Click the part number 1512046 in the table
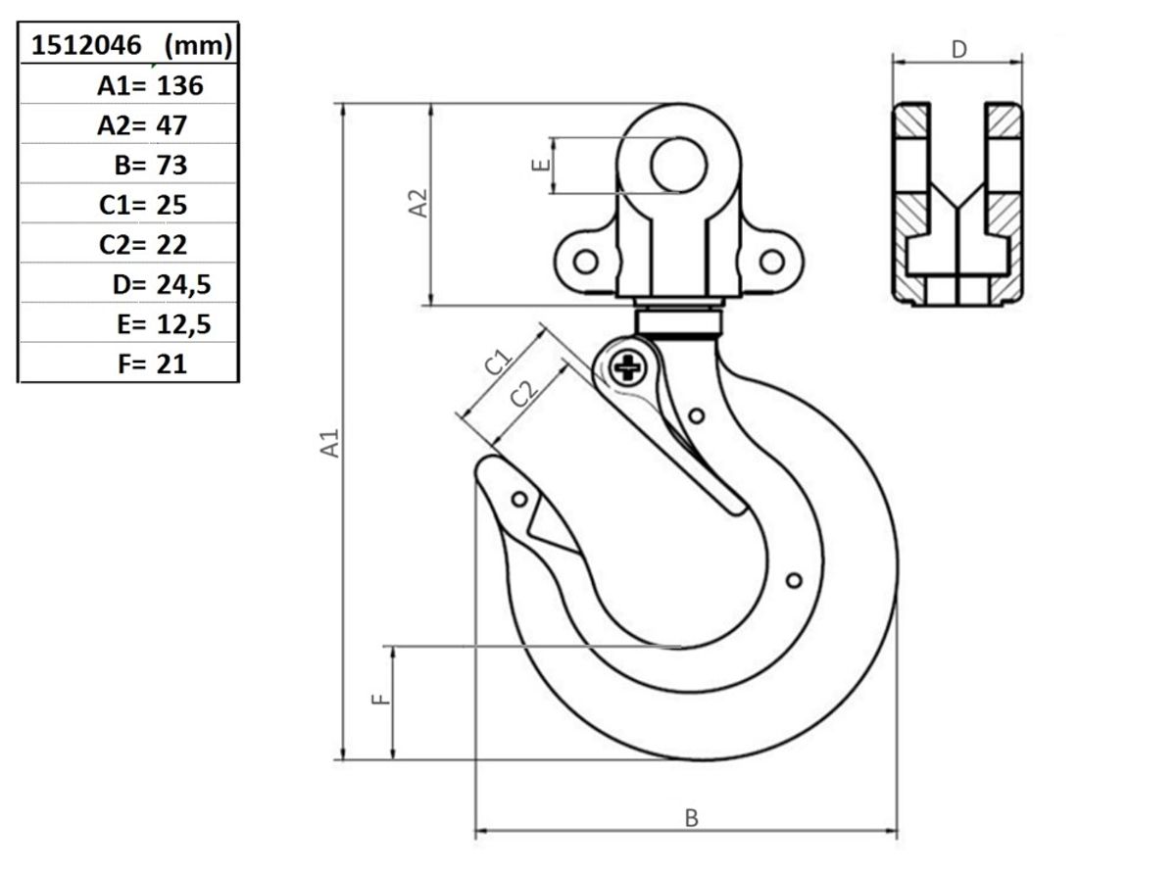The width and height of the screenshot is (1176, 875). (86, 45)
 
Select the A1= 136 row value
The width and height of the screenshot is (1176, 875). (150, 85)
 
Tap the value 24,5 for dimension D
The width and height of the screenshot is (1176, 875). (183, 285)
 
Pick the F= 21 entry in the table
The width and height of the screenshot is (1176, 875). (152, 364)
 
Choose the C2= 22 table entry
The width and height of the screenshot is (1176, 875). (143, 244)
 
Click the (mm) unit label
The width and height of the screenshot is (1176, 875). (198, 46)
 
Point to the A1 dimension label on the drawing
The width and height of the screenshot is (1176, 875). (330, 443)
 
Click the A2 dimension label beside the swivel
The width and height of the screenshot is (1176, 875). (418, 203)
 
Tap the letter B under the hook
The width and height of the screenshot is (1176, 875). (692, 818)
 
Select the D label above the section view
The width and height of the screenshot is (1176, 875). (959, 50)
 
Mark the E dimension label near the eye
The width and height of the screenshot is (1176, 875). (540, 165)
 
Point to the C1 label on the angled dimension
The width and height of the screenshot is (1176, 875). (499, 362)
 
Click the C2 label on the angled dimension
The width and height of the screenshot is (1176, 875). (523, 394)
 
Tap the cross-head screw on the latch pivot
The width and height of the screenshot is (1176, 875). (628, 367)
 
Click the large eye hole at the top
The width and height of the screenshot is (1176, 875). (679, 165)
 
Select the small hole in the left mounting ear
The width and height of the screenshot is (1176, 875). (586, 262)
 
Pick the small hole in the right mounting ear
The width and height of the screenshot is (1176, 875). (772, 262)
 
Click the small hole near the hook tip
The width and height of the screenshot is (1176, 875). (519, 499)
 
